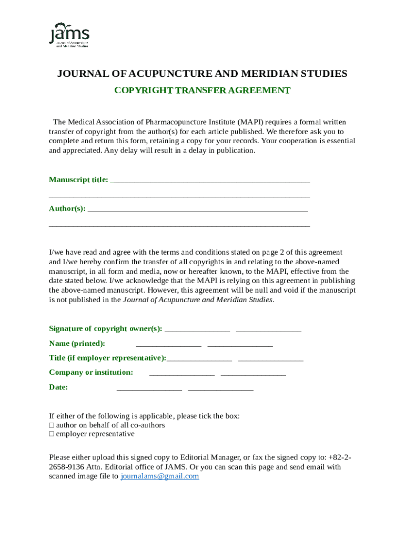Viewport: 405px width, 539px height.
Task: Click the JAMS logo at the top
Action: tap(69, 35)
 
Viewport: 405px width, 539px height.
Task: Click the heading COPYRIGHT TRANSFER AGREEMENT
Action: tap(202, 91)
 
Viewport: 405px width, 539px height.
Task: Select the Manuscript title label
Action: tap(78, 179)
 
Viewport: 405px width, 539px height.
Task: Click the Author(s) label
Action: tap(67, 208)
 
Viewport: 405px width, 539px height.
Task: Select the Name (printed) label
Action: tap(77, 344)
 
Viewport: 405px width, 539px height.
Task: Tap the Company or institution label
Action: tap(91, 372)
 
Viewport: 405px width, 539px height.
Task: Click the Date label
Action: tap(58, 387)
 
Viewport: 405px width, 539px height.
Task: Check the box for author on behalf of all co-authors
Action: tap(52, 425)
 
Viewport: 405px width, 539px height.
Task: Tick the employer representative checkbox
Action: tap(52, 434)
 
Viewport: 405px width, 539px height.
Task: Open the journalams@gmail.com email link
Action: tap(160, 476)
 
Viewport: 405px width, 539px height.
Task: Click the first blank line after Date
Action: tap(149, 389)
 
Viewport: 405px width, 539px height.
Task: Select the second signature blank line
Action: tap(269, 331)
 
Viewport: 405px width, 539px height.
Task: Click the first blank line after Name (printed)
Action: tap(168, 346)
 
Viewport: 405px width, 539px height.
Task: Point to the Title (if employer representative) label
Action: tap(107, 358)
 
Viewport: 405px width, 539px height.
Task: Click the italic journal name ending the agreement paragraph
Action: tap(198, 300)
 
